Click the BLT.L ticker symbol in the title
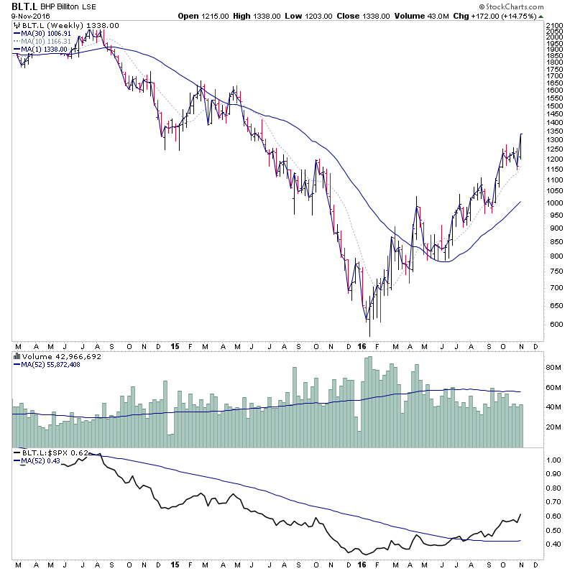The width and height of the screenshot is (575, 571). [x=25, y=6]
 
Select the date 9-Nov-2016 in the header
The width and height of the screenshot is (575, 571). [x=27, y=16]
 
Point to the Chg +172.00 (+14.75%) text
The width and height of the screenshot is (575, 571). [x=513, y=16]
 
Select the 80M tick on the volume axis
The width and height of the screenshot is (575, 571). [x=553, y=368]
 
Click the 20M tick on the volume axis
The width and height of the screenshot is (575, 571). [x=553, y=427]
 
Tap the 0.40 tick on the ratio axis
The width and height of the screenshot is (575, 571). [x=553, y=544]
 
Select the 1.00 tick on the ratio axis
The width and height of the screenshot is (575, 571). [x=553, y=460]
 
